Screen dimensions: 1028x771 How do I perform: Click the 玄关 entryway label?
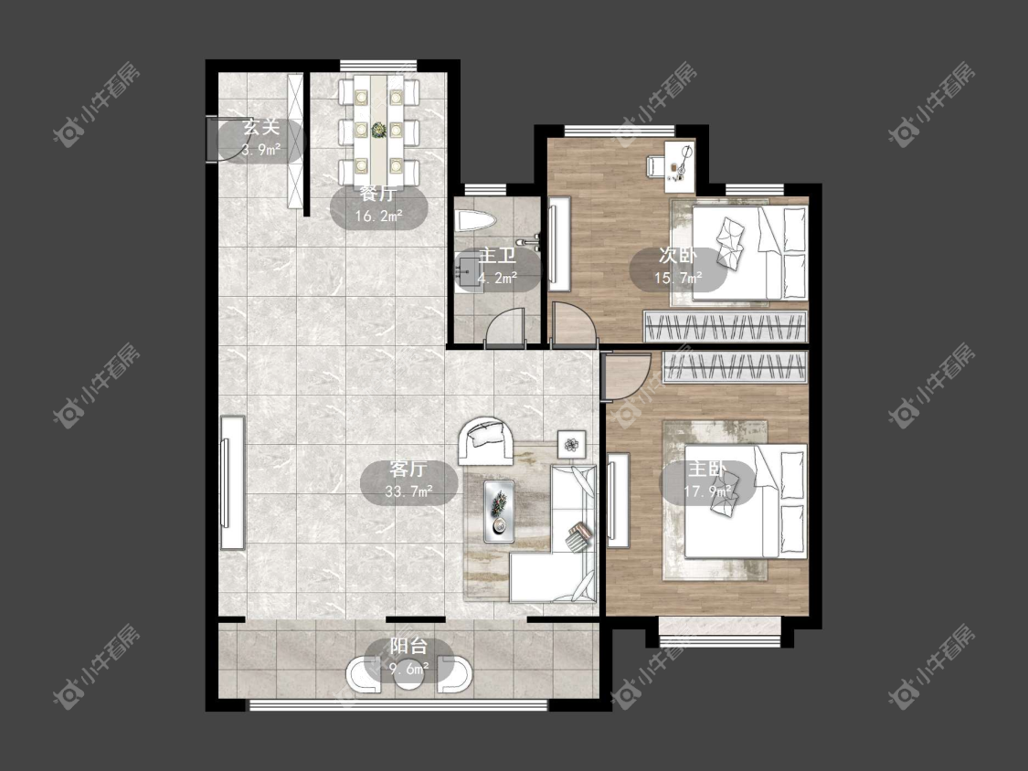pos(261,127)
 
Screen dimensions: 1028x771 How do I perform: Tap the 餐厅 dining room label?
pos(378,194)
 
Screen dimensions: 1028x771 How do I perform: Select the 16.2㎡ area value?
pos(378,216)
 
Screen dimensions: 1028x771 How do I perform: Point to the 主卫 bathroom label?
pos(497,255)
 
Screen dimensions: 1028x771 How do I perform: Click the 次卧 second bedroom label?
pos(678,256)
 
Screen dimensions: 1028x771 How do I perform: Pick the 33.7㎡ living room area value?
pos(408,491)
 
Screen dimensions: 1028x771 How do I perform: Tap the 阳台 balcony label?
pos(409,646)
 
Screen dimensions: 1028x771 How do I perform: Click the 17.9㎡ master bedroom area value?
pos(707,491)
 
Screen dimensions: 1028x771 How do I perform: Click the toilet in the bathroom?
pos(472,220)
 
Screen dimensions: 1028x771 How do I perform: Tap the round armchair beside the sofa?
pos(486,441)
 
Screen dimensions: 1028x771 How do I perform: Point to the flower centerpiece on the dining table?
pos(379,130)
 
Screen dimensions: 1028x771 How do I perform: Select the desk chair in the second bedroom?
pos(656,165)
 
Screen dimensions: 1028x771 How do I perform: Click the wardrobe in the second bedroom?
pos(726,326)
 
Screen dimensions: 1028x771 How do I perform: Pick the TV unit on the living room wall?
pos(231,482)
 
